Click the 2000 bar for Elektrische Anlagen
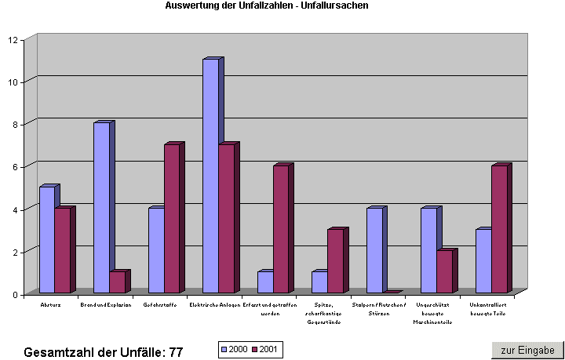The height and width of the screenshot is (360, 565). point(210,176)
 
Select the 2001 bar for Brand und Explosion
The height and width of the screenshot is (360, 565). point(117,282)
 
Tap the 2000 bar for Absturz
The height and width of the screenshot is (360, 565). point(47,239)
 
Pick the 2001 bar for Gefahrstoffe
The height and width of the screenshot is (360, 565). point(171,219)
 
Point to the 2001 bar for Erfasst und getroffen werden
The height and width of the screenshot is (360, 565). point(280,229)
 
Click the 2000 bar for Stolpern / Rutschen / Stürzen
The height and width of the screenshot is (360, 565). point(374,250)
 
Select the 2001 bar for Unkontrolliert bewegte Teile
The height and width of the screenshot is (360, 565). point(498,229)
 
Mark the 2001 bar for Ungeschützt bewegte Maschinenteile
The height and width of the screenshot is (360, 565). point(444,271)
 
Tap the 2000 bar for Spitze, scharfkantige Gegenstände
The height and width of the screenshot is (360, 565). point(319,282)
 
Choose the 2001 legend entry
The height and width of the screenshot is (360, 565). point(267,349)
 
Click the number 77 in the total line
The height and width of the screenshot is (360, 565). point(175,352)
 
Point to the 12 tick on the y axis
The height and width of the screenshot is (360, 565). point(14,39)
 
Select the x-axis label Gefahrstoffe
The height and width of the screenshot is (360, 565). point(160,304)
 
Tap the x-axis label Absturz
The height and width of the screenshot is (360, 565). point(50,304)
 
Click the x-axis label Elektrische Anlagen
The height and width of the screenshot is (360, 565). point(214,304)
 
